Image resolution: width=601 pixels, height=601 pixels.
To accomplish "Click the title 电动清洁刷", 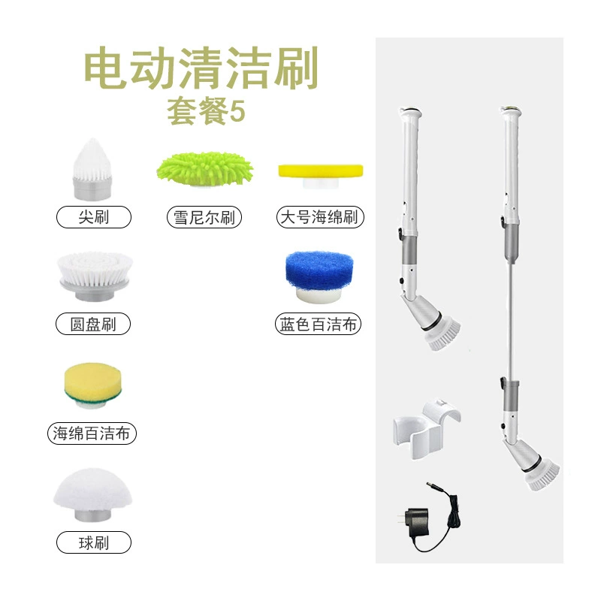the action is (x=201, y=68).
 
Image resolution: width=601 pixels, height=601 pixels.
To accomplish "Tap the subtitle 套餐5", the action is (x=206, y=111).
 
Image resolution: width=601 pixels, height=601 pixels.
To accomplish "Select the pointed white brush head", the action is (x=92, y=169).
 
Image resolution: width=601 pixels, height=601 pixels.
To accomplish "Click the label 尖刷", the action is (x=93, y=217).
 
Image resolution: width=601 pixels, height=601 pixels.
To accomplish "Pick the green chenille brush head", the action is (x=204, y=169).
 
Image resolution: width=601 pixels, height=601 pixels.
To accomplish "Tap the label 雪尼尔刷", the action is (x=204, y=217).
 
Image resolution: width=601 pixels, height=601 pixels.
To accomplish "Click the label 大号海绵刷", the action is (x=319, y=217).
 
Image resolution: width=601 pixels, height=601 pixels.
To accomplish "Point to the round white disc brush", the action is (x=95, y=276).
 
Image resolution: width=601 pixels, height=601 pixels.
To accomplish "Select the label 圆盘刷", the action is (x=93, y=324).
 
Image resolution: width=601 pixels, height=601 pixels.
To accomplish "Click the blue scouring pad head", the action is (x=319, y=276).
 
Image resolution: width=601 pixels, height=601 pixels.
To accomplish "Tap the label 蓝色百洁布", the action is (x=318, y=325).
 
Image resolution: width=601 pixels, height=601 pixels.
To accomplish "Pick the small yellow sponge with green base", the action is (x=93, y=385).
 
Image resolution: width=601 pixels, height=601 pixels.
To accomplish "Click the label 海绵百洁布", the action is (x=92, y=433).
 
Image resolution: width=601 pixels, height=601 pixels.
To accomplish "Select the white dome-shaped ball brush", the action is (x=92, y=494).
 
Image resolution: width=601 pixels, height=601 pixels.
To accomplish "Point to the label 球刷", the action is (x=93, y=542).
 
